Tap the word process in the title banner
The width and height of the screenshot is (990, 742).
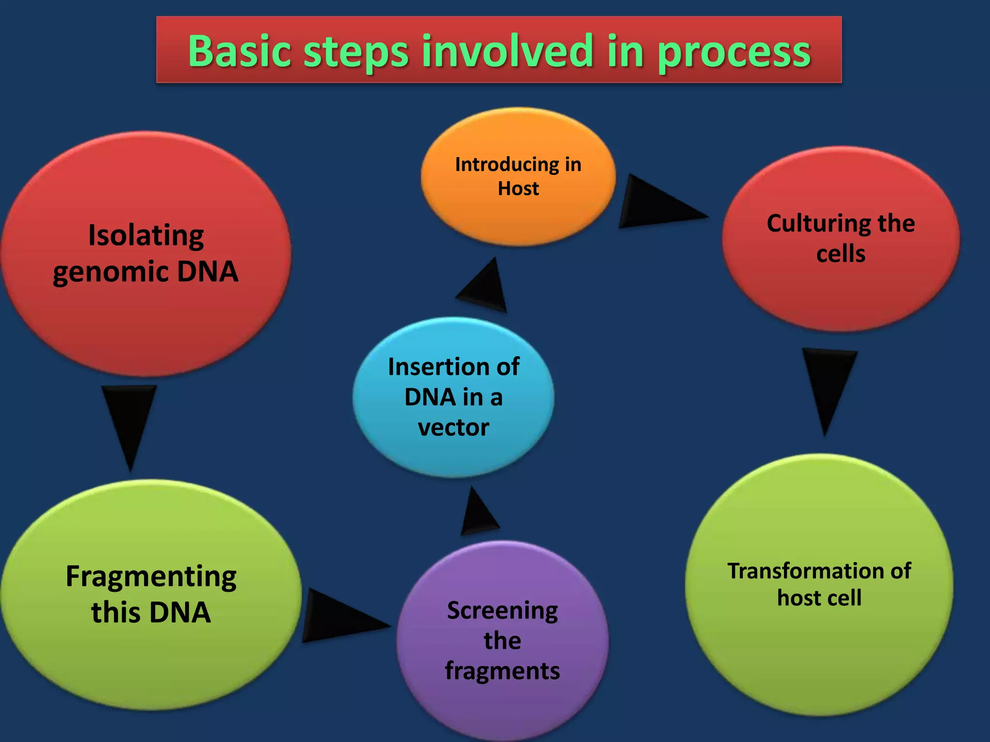click(x=734, y=52)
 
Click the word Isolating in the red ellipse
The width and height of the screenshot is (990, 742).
click(x=146, y=236)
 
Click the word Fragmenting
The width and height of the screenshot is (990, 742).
click(x=151, y=577)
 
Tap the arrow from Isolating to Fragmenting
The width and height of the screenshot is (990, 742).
click(x=129, y=420)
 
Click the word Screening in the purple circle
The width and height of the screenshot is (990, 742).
click(x=502, y=611)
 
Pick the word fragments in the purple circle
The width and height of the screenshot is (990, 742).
click(x=502, y=671)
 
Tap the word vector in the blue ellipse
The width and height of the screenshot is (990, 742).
click(x=453, y=428)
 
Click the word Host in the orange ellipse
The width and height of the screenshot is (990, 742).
click(x=518, y=188)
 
